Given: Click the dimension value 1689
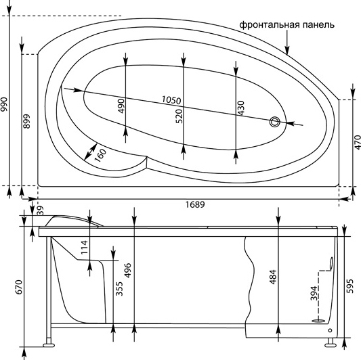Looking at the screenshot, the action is (x=195, y=204).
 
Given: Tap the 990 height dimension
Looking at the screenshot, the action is (x=4, y=104).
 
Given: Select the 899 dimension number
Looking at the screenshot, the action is (x=27, y=121).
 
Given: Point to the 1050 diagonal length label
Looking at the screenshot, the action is (x=171, y=100).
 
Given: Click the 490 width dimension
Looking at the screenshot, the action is (x=122, y=106).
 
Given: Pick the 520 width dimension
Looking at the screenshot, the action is (x=179, y=116).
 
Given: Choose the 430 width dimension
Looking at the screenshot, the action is (x=240, y=108).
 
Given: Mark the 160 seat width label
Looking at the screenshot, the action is (x=100, y=155).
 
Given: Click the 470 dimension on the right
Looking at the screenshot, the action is (x=358, y=142).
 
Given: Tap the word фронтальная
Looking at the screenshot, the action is (x=269, y=24).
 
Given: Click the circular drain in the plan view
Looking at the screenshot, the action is (x=275, y=122).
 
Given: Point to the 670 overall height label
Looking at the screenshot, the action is (x=19, y=287).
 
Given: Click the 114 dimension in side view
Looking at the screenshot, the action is (x=85, y=247).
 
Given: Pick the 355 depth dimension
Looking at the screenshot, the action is (x=119, y=289).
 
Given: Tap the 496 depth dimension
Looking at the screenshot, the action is (x=127, y=270).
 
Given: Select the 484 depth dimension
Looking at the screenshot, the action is (x=273, y=277).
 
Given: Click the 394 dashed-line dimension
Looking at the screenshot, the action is (x=314, y=293).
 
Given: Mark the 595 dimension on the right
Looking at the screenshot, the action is (x=349, y=286).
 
